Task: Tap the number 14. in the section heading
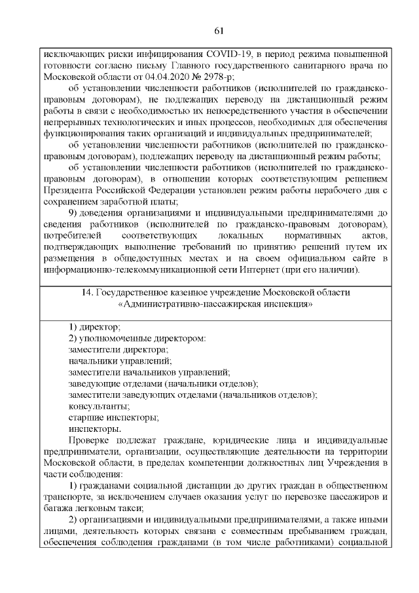[x=100, y=292]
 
